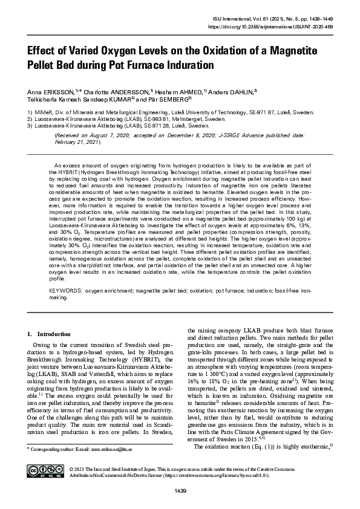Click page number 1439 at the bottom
[180, 490]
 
